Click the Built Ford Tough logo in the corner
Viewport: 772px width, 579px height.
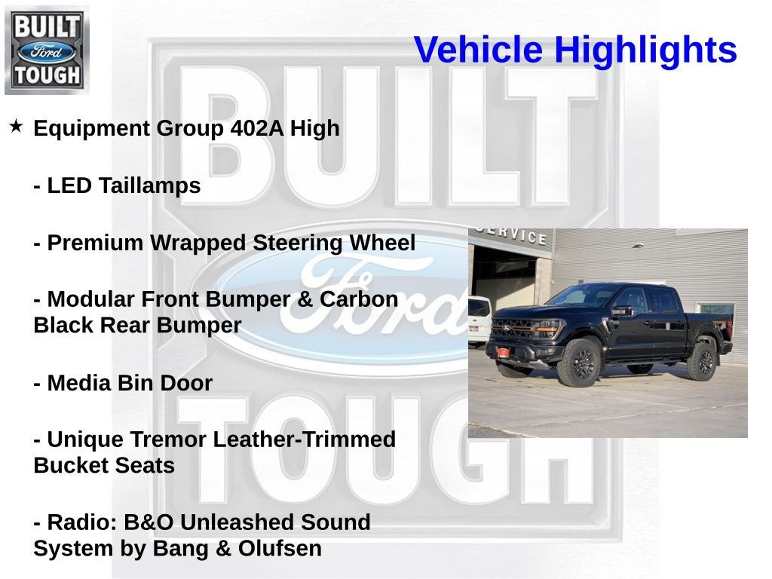[47, 50]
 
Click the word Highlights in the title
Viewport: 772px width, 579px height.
[645, 51]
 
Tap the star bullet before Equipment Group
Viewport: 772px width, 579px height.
[16, 126]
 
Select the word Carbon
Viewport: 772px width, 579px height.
[358, 299]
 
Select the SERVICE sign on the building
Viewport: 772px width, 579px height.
[513, 234]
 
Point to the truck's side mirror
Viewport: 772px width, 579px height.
[621, 311]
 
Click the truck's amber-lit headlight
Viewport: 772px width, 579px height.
[549, 329]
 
